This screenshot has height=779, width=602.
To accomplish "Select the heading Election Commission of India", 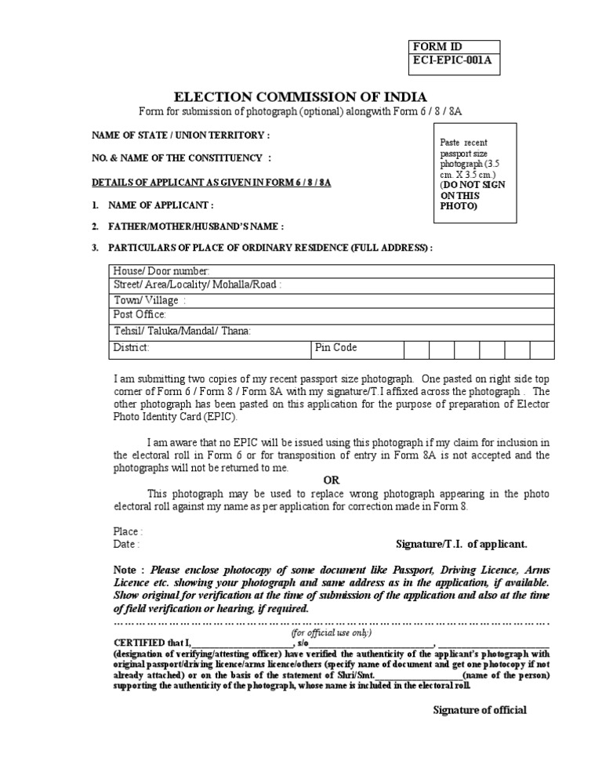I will [300, 97].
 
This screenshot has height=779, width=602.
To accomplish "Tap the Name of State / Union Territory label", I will [181, 135].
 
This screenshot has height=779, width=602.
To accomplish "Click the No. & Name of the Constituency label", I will [182, 158].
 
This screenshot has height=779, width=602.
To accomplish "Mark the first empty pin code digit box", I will [417, 349].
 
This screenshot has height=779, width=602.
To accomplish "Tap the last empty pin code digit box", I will [542, 349].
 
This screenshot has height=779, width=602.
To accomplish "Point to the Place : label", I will [129, 531].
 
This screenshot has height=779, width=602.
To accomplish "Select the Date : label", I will [127, 544].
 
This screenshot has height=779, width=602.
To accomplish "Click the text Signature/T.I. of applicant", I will [462, 544].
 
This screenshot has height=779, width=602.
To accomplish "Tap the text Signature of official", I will [480, 710].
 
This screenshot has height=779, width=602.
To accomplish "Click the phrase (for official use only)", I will [332, 632].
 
